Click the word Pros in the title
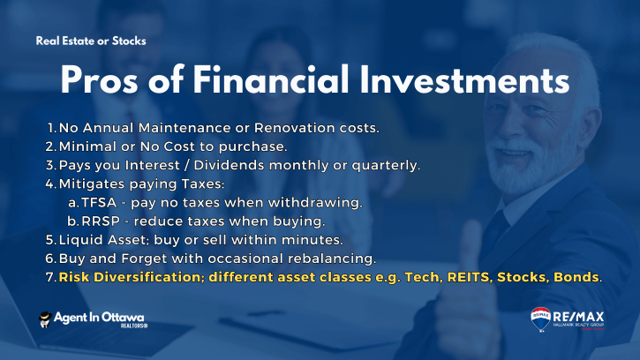[99, 80]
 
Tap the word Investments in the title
[464, 80]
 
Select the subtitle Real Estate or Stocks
[91, 41]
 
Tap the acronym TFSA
[99, 202]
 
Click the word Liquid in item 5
[81, 240]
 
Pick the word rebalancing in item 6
[332, 259]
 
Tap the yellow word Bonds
[576, 278]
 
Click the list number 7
[50, 278]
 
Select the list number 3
[50, 165]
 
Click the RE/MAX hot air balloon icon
[541, 319]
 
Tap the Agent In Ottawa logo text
[99, 318]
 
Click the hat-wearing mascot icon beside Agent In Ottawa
[45, 319]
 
